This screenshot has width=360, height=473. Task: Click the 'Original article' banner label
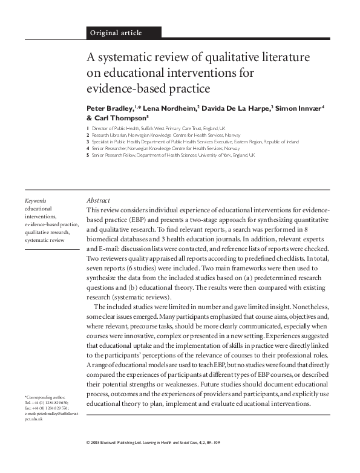116,32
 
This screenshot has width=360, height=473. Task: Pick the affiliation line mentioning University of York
173,155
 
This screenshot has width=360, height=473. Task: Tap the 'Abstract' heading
97,200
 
